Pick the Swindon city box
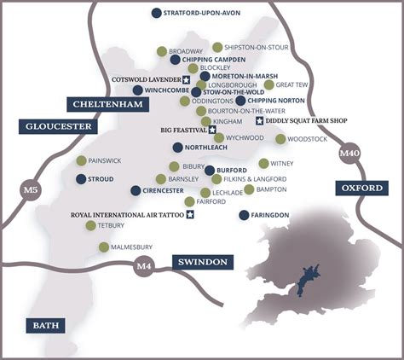pos(199,262)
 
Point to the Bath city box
pos(43,325)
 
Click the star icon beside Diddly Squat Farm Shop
pos(248,121)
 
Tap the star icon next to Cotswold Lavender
pos(186,79)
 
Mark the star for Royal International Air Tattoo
pos(190,214)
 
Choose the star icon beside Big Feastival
pos(212,131)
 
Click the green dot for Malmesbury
pos(104,247)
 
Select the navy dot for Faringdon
pos(245,215)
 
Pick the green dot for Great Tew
pos(268,84)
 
